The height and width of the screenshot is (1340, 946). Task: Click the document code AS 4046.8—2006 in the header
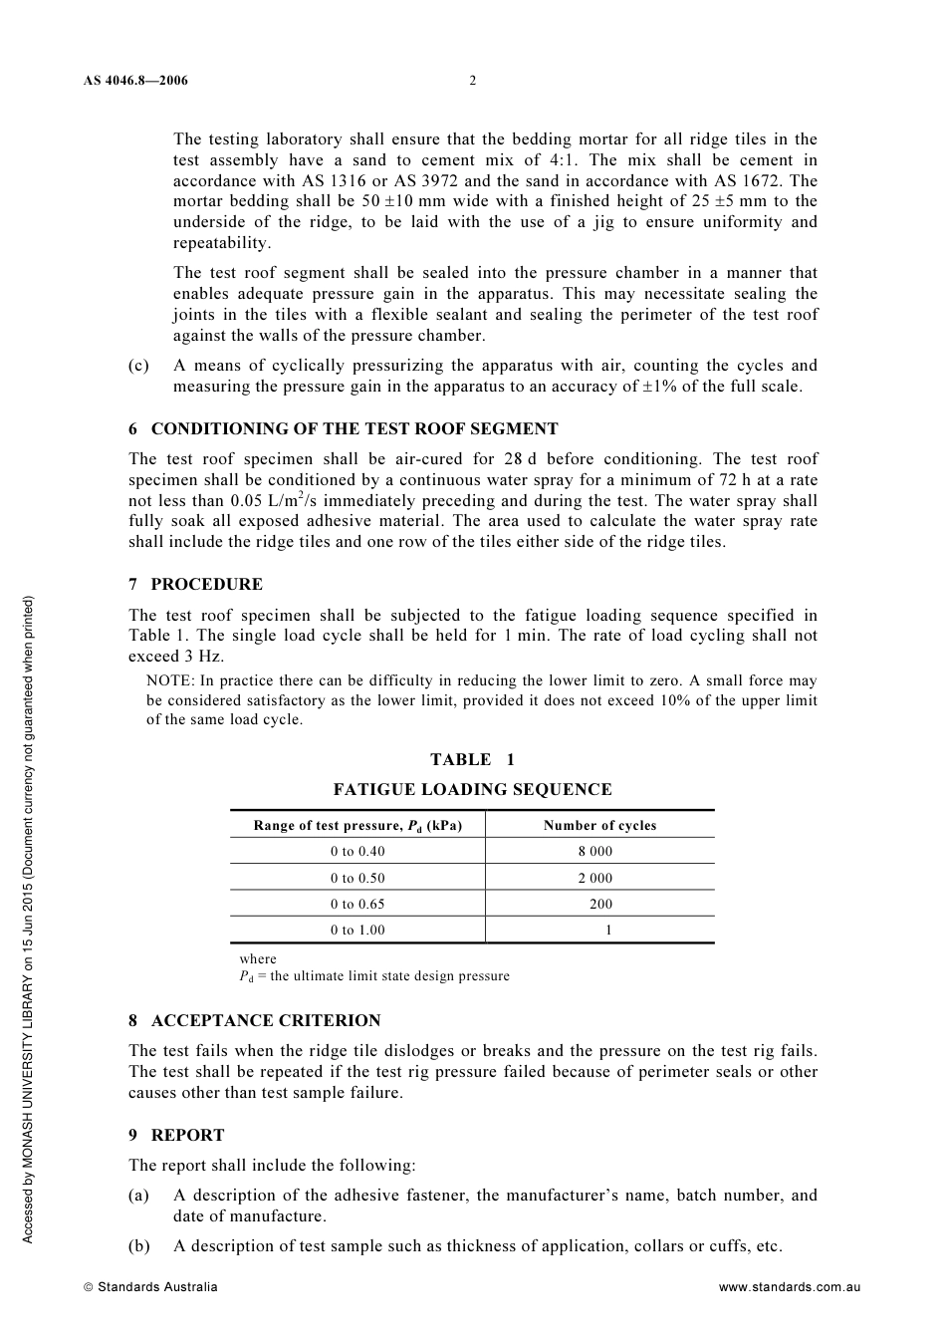(x=135, y=81)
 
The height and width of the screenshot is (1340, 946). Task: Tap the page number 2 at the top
(x=473, y=81)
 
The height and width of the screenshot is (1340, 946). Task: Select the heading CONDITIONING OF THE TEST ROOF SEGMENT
(x=354, y=429)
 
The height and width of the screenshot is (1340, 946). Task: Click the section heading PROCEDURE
(x=206, y=585)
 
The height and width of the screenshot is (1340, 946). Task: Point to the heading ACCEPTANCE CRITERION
(x=265, y=1021)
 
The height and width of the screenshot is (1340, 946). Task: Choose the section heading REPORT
(x=187, y=1136)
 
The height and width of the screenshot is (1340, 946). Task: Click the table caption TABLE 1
(x=472, y=760)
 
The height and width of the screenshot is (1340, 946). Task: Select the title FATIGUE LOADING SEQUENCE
(x=472, y=790)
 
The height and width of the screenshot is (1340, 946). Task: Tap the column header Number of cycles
(x=599, y=826)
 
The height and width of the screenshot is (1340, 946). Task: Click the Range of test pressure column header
(x=357, y=826)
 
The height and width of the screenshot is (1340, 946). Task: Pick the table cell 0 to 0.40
(x=357, y=852)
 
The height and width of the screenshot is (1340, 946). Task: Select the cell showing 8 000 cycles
(x=595, y=852)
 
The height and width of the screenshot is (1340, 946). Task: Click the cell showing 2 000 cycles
(x=595, y=879)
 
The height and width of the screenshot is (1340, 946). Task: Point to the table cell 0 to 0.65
(x=357, y=905)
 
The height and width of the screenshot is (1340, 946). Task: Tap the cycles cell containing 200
(x=600, y=905)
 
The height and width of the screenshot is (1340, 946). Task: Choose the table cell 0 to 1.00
(x=357, y=931)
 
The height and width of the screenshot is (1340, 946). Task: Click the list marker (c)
(x=138, y=366)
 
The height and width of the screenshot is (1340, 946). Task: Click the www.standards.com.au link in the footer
(x=789, y=1287)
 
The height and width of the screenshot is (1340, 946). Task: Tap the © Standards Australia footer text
(x=150, y=1287)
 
